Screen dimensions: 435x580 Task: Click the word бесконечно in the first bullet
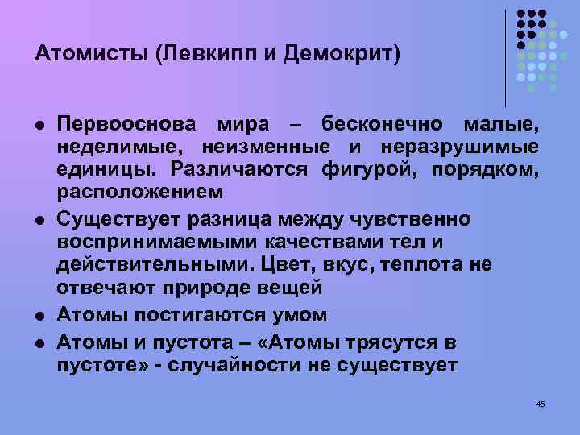(x=382, y=125)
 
